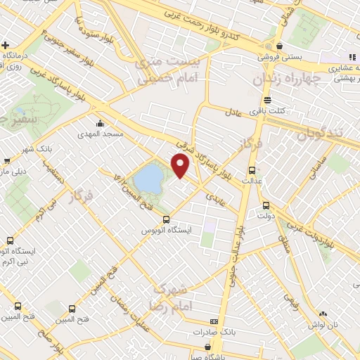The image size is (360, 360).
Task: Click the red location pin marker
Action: coord(181,165)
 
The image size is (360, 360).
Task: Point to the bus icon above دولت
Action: coord(266,205)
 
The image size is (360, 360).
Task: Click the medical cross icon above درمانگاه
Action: coord(6,44)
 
